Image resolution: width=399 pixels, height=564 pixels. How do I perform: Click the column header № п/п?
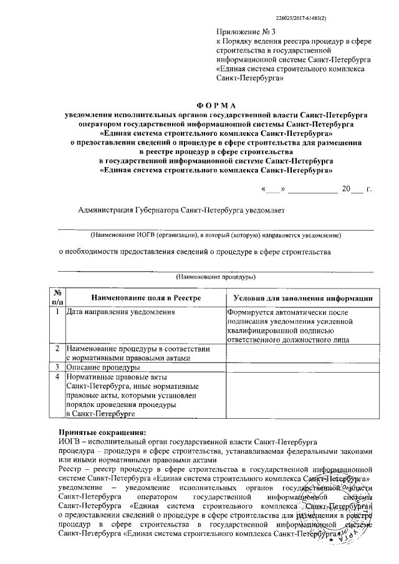pyautogui.click(x=57, y=297)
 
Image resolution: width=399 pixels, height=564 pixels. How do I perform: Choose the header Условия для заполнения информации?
pyautogui.click(x=302, y=299)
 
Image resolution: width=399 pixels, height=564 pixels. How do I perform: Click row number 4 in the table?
pyautogui.click(x=57, y=377)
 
